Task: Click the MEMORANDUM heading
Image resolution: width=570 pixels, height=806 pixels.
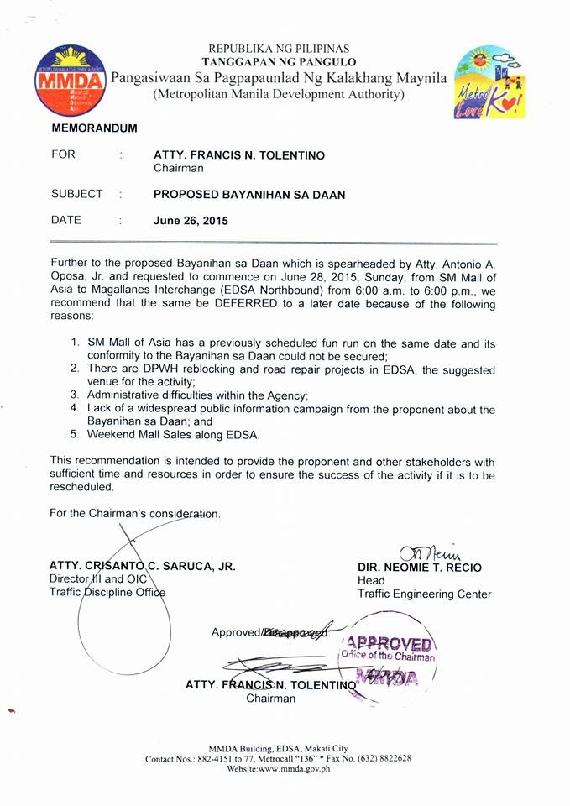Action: click(x=94, y=128)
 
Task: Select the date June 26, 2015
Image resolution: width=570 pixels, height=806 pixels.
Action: click(x=191, y=222)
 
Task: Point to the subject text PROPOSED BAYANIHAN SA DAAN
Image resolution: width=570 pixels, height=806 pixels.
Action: click(x=249, y=194)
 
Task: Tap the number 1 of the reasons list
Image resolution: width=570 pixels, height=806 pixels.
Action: click(x=75, y=343)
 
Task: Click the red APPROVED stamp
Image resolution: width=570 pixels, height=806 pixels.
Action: click(x=395, y=646)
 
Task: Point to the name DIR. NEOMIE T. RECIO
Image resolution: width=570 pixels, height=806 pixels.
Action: click(x=420, y=568)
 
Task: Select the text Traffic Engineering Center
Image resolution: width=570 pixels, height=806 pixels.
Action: click(x=424, y=594)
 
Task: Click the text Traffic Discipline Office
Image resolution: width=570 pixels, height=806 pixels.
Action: click(x=107, y=593)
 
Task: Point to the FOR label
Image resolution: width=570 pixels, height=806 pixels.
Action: click(x=63, y=155)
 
